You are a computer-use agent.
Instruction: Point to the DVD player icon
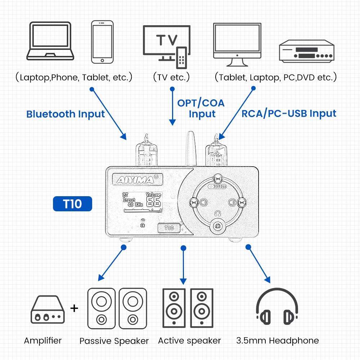307,51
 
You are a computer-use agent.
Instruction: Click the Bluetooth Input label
66,114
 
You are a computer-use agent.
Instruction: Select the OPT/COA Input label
201,108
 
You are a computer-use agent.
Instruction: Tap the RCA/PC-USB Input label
289,113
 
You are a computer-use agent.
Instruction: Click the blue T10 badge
73,204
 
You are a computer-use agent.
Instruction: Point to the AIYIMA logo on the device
138,179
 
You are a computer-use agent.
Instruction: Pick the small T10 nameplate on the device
169,228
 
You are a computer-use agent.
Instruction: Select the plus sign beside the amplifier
74,308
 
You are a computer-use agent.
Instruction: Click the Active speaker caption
189,341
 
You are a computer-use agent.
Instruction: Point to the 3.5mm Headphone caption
278,341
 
